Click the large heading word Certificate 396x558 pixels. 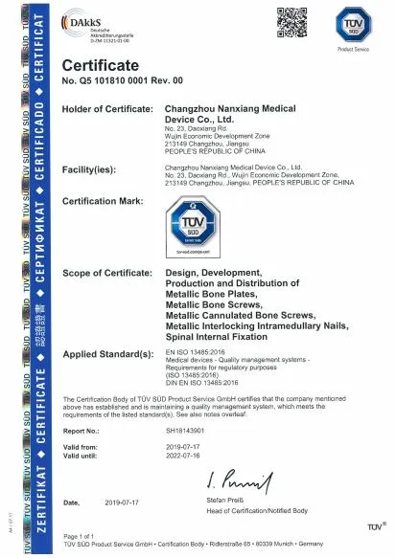[101, 65]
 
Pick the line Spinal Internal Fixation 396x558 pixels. [214, 338]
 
